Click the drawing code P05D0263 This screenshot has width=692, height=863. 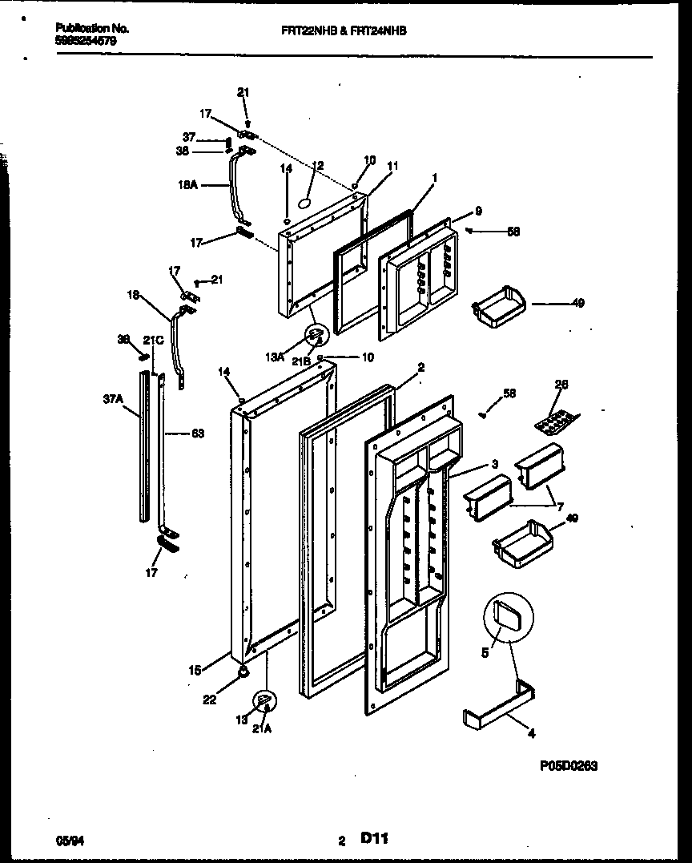click(568, 766)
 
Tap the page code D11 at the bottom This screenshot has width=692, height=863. click(374, 839)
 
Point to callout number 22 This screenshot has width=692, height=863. click(209, 700)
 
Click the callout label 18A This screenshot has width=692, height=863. click(189, 185)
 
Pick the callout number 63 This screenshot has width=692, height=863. click(196, 434)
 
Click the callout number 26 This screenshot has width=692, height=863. click(561, 385)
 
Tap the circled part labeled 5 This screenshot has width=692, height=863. click(508, 619)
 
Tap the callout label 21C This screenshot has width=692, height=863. click(154, 341)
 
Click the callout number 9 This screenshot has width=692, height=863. click(478, 212)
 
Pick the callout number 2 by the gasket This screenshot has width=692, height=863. click(421, 367)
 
